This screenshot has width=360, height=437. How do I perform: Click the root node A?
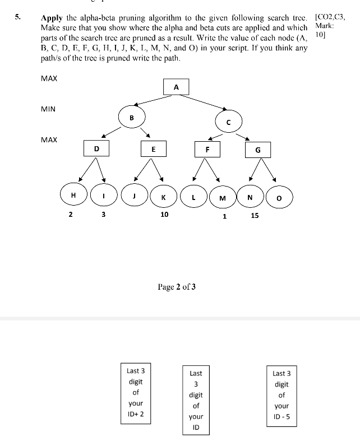pyautogui.click(x=176, y=87)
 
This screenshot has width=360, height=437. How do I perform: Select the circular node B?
pyautogui.click(x=132, y=118)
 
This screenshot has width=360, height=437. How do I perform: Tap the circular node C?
pyautogui.click(x=228, y=122)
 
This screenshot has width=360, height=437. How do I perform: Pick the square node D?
pyautogui.click(x=96, y=148)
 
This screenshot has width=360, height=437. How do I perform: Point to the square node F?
pyautogui.click(x=207, y=149)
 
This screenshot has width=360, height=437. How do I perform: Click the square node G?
pyautogui.click(x=257, y=150)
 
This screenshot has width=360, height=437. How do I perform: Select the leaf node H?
pyautogui.click(x=73, y=194)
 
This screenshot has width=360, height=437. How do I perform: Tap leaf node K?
pyautogui.click(x=163, y=197)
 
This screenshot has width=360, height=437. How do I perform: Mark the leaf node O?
pyautogui.click(x=279, y=197)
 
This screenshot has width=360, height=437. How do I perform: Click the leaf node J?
pyautogui.click(x=134, y=196)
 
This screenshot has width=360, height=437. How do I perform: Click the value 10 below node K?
pyautogui.click(x=164, y=214)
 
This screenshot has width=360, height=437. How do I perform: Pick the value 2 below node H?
pyautogui.click(x=71, y=214)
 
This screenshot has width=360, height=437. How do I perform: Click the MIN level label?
pyautogui.click(x=48, y=109)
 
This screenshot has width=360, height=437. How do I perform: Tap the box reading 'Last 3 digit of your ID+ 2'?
pyautogui.click(x=136, y=392)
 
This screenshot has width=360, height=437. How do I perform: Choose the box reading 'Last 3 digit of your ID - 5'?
pyautogui.click(x=281, y=396)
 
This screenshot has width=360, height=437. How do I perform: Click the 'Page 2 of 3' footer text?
pyautogui.click(x=177, y=287)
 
